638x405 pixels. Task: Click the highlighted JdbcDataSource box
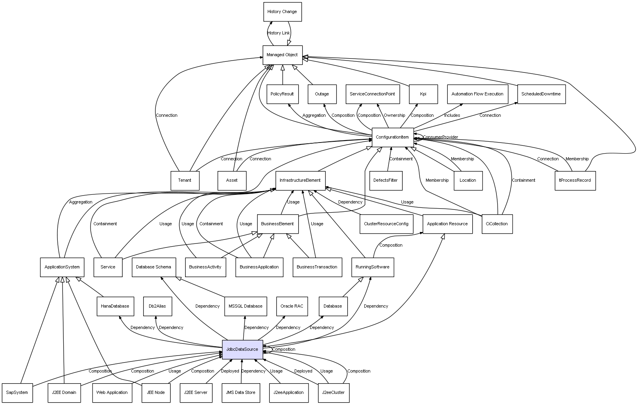tap(242, 350)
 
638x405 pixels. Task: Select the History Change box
tap(282, 12)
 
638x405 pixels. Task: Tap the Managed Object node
tap(282, 55)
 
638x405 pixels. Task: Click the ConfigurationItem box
tap(392, 137)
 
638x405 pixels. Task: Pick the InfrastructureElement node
tap(300, 181)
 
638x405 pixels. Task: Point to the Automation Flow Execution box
tap(477, 94)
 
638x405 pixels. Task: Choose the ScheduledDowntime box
tap(541, 94)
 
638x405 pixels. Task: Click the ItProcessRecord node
tap(575, 181)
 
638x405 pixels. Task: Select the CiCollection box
tap(497, 224)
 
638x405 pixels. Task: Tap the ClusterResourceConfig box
tap(386, 224)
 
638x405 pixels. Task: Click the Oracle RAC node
tap(292, 306)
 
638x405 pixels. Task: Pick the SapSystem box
tap(17, 393)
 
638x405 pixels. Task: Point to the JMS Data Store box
tap(240, 393)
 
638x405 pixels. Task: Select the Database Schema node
tap(153, 267)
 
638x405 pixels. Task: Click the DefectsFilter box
tap(386, 181)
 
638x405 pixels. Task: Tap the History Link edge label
tap(278, 33)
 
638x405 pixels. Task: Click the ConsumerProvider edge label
tap(440, 137)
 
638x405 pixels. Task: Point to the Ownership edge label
tap(394, 116)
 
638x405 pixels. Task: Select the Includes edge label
tap(452, 116)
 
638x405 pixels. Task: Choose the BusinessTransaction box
tap(317, 267)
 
